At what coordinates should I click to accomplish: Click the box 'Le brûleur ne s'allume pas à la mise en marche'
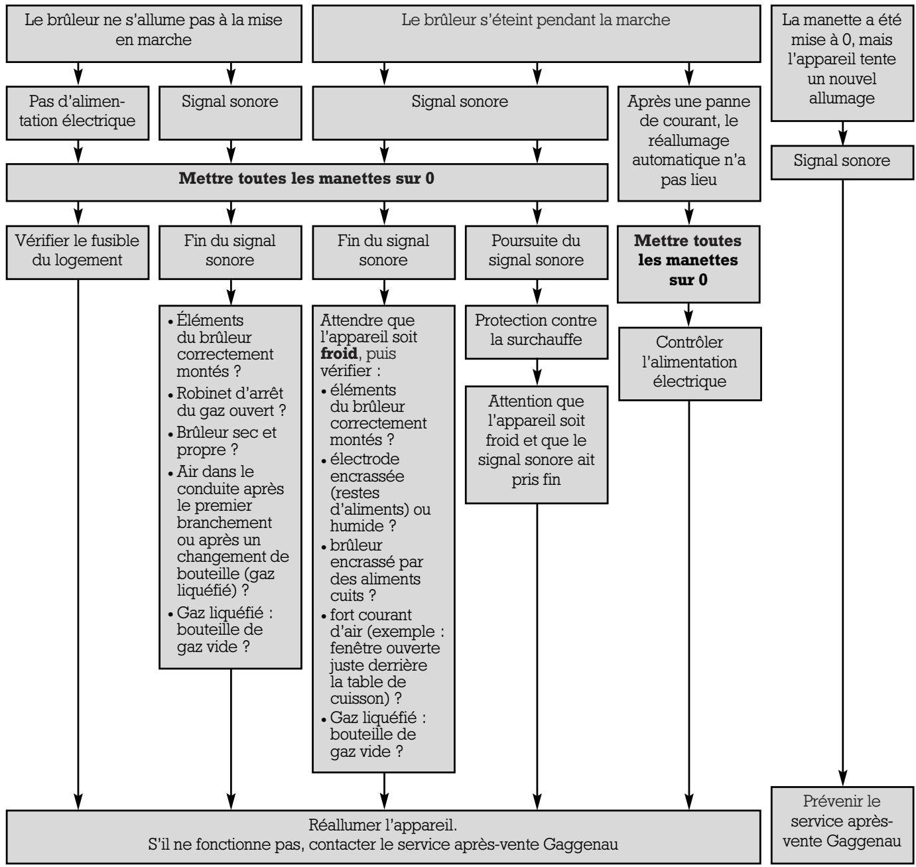pos(153,30)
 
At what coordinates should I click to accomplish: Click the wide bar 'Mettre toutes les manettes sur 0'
pos(306,179)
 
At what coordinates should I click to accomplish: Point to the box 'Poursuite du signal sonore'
pos(536,250)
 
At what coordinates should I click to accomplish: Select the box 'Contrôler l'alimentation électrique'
pos(689,362)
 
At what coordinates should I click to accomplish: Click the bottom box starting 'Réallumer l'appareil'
pos(383,835)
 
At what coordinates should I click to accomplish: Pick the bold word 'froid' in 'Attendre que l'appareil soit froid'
pos(339,353)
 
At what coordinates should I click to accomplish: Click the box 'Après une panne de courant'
pos(689,141)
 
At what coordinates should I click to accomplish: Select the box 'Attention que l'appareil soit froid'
pos(536,440)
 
